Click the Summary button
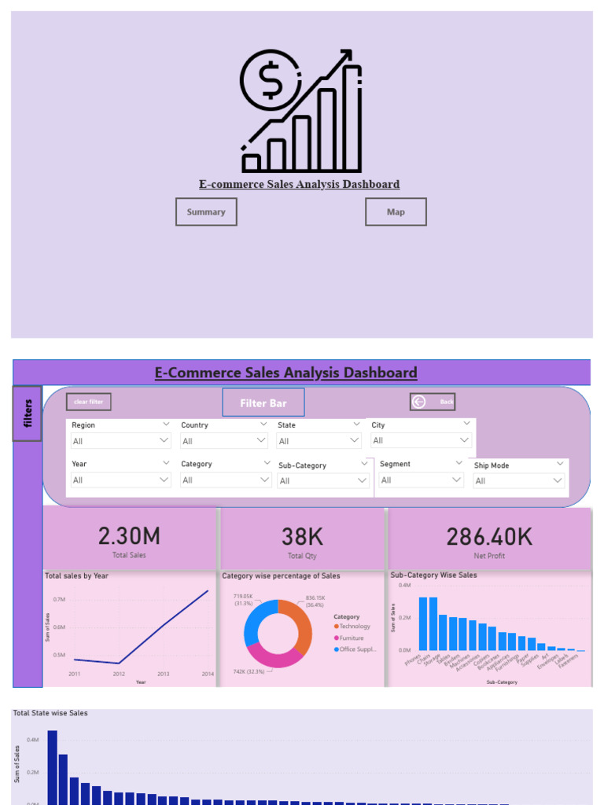click(206, 212)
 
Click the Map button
click(396, 212)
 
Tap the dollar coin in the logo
click(270, 80)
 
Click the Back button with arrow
click(433, 402)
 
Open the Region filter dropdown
click(120, 441)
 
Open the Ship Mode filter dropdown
click(519, 481)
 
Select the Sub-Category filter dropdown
click(323, 481)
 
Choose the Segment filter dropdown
click(421, 480)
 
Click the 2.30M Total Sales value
click(129, 537)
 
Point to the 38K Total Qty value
click(303, 537)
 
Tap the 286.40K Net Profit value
click(489, 537)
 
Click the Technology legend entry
click(354, 627)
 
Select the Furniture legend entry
click(352, 638)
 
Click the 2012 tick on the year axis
click(119, 675)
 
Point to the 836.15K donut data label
click(315, 597)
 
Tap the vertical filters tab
click(28, 413)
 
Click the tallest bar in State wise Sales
click(53, 766)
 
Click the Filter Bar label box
click(263, 402)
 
